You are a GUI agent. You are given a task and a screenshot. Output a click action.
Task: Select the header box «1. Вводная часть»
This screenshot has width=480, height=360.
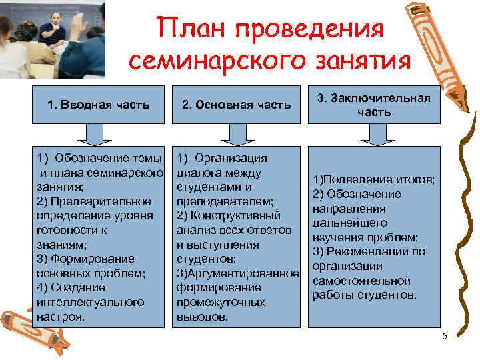tap(99, 105)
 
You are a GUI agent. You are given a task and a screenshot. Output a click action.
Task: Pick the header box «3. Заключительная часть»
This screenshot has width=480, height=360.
tap(374, 105)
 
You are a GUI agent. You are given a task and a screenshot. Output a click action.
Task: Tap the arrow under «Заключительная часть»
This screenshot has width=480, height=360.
tap(374, 135)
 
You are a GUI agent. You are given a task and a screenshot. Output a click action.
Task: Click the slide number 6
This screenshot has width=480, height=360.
tap(444, 336)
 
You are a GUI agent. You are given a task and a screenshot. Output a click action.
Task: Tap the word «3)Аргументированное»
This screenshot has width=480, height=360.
tap(237, 273)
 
